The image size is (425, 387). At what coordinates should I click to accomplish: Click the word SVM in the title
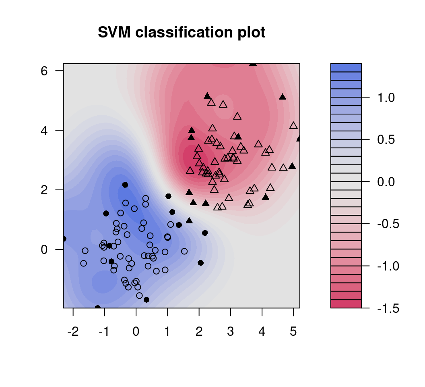point(114,33)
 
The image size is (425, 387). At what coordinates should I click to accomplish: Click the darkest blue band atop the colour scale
point(346,67)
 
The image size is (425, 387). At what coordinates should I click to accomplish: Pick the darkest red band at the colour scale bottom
point(346,304)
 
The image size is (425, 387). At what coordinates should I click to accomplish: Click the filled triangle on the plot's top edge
point(252,63)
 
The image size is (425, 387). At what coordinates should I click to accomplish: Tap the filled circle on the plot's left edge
point(64,239)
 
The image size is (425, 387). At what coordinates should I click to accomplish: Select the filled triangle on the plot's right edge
point(299,139)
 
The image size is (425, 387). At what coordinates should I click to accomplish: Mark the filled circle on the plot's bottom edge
point(97,308)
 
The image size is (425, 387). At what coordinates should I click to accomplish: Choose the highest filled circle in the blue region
point(125,185)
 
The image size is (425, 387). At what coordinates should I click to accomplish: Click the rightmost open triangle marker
point(293,126)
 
